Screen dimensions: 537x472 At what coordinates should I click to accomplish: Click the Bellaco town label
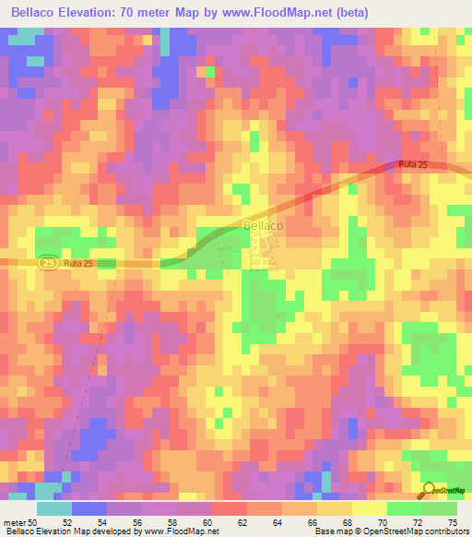(263, 224)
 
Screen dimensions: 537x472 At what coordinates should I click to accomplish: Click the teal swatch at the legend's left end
(54, 507)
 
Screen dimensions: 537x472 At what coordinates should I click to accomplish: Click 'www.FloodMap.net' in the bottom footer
(176, 531)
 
